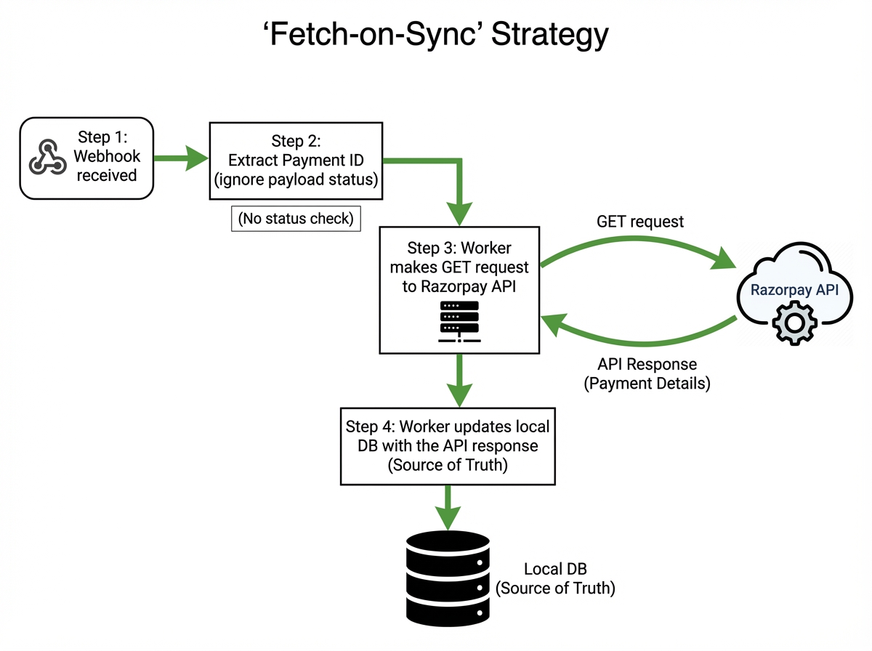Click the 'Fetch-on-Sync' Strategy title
point(436,36)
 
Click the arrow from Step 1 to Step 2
point(182,158)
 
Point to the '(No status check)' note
point(296,219)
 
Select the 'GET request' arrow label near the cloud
point(639,222)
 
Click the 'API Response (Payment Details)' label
point(647,373)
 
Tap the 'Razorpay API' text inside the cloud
point(794,290)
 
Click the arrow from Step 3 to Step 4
point(459,379)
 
